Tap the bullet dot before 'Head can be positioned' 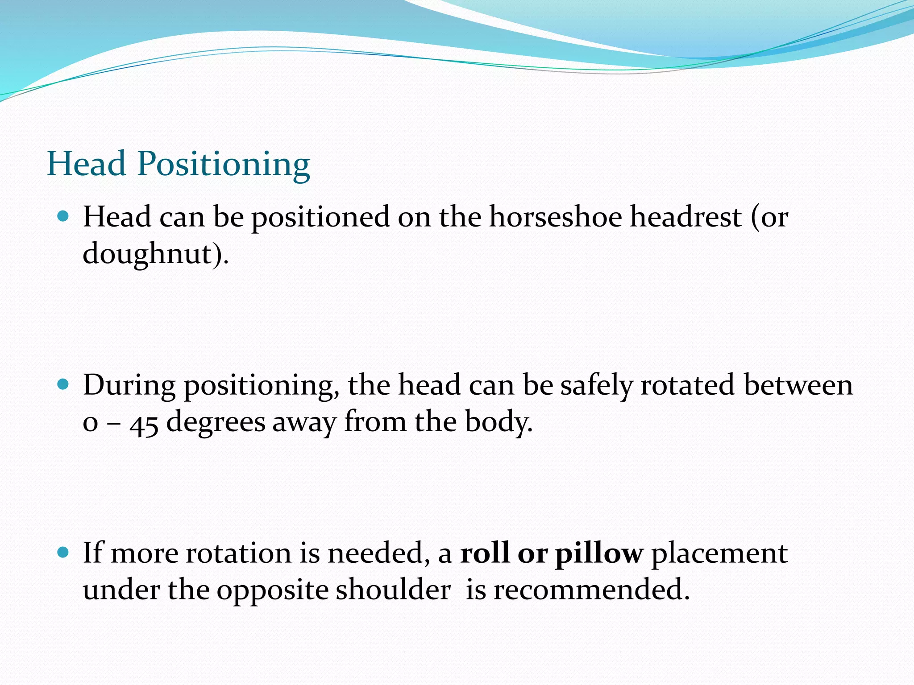pos(63,217)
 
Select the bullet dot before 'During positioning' pos(63,384)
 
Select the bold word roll pos(485,553)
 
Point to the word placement pos(719,554)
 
